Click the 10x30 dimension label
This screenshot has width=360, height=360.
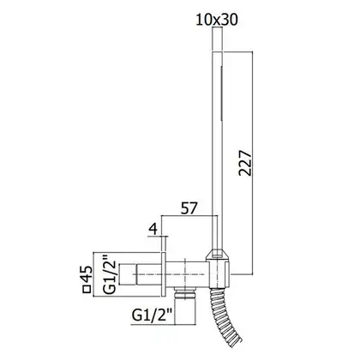217,20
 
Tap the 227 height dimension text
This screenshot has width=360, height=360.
245,163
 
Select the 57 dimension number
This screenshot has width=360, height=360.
189,208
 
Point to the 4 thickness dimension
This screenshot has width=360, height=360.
153,229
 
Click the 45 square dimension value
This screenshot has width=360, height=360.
87,274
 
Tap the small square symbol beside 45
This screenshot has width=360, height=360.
87,290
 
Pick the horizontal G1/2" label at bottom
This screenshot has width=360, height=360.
153,315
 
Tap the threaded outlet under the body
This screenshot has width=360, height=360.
185,294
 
